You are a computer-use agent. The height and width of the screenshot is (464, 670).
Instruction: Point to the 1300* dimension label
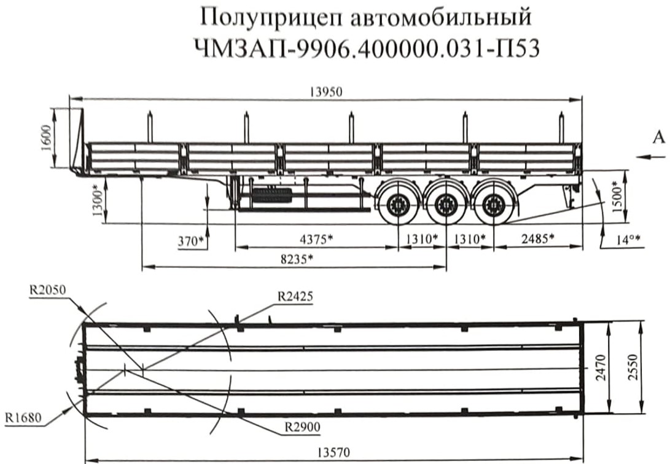coord(97,200)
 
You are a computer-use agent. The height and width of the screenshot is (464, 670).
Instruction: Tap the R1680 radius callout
coord(24,419)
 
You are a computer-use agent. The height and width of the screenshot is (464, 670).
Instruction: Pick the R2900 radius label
coord(301,425)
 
